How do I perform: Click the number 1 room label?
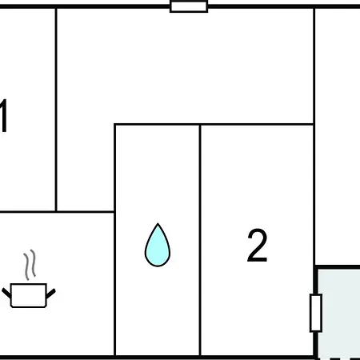pos(3,116)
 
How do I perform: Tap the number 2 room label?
pos(258,246)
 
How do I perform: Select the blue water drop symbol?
pos(158,245)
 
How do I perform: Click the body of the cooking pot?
pos(29,295)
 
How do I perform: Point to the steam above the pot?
pos(30,265)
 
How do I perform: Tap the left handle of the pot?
pos(6,294)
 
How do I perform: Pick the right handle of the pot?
pos(50,294)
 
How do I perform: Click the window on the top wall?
pos(189,6)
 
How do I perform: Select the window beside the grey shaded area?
pos(316,313)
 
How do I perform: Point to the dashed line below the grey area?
pos(338,358)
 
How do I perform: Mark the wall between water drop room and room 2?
pos(200,240)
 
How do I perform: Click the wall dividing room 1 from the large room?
pos(56,110)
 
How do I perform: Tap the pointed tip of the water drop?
pos(158,223)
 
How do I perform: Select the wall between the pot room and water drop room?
pos(114,284)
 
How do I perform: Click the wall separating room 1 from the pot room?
pos(27,212)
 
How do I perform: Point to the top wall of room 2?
pos(257,124)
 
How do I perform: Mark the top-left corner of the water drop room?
pos(114,124)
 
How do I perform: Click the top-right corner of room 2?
pos(314,124)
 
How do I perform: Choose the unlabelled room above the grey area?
pos(338,136)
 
